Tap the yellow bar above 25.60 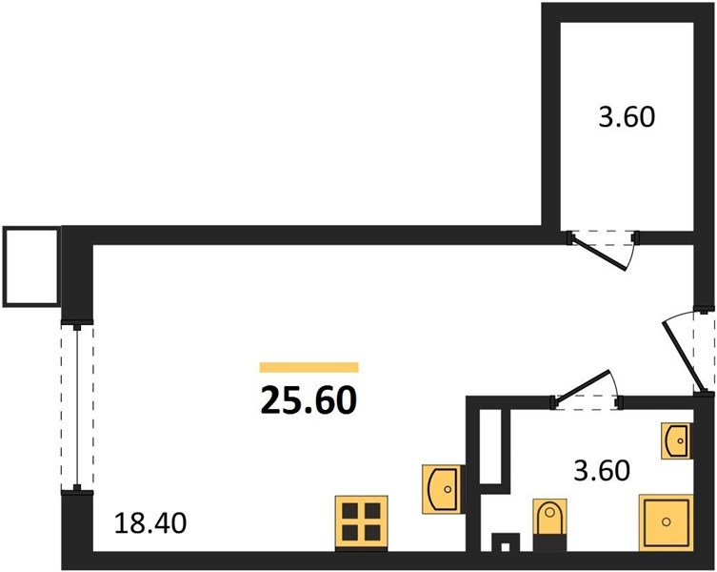click(309, 367)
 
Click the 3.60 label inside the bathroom click(602, 471)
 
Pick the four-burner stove click(362, 523)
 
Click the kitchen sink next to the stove click(440, 490)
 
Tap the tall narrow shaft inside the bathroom click(490, 444)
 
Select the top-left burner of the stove click(351, 513)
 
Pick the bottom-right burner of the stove click(372, 535)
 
